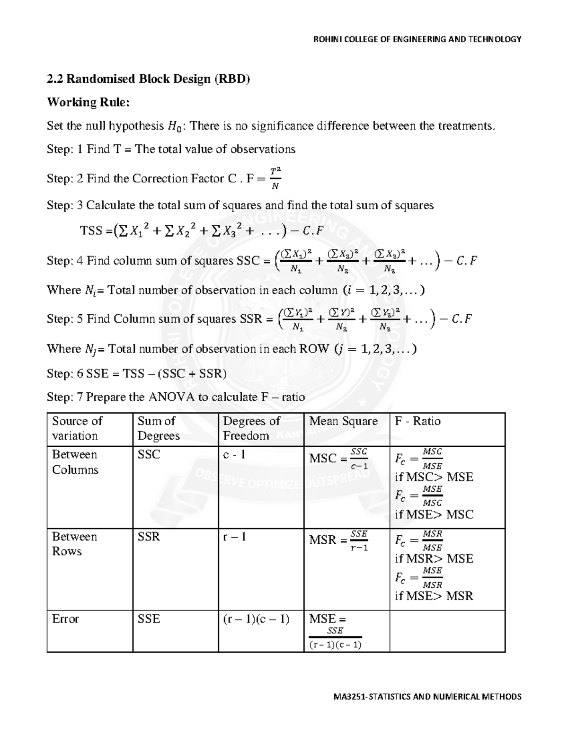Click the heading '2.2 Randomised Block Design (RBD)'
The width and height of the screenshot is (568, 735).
[148, 79]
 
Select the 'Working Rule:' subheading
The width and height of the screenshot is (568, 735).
[88, 102]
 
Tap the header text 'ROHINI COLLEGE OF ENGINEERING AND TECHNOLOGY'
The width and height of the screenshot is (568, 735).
[417, 39]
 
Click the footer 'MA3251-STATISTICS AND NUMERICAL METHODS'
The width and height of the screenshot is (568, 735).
[421, 696]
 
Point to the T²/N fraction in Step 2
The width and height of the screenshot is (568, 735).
[274, 178]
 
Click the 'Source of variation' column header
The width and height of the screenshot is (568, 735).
[77, 428]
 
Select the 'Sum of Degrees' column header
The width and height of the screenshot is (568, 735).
[158, 428]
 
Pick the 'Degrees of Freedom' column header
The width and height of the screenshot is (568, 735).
[251, 428]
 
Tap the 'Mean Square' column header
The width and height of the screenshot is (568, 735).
[343, 421]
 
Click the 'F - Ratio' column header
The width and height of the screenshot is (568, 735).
[417, 421]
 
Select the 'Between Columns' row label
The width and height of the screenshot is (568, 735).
[75, 462]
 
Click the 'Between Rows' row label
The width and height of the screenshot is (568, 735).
[74, 544]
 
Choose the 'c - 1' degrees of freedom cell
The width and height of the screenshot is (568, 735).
[234, 455]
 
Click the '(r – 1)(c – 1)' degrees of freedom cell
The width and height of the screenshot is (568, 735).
[256, 619]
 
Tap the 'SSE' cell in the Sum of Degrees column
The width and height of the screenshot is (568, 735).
[149, 619]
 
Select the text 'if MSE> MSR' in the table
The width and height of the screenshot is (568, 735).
[434, 596]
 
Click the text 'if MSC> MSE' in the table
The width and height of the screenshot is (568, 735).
[434, 477]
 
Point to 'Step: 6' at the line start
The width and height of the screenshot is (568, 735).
[62, 373]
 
